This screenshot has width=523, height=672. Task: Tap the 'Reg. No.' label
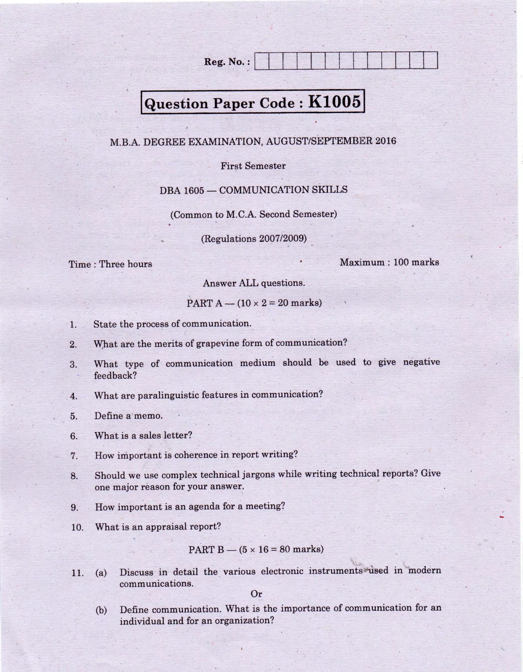click(227, 62)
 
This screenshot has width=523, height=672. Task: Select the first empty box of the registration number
click(262, 61)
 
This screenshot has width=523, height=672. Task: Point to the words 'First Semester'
click(253, 166)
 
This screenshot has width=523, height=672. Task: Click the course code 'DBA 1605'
click(182, 191)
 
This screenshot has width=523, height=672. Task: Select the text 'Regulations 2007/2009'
click(254, 239)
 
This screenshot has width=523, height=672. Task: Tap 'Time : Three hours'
click(110, 264)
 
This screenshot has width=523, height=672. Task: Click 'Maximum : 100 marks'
click(389, 262)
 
